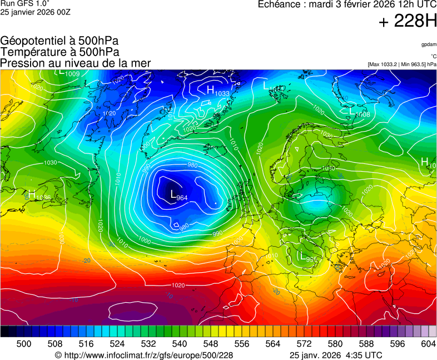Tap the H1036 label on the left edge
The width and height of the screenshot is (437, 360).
(x=39, y=196)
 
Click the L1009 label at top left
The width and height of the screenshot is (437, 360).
(x=69, y=73)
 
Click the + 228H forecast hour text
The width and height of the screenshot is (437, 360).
(x=407, y=22)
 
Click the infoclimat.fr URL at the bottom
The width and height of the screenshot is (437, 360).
(x=144, y=355)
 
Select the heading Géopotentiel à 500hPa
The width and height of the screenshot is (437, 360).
(x=59, y=41)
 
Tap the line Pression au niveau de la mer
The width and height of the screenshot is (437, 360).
(x=76, y=63)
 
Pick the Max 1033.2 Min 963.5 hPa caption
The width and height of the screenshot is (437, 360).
(x=402, y=64)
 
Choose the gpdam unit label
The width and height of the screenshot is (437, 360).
(x=428, y=44)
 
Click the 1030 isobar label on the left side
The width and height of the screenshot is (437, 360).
(x=50, y=163)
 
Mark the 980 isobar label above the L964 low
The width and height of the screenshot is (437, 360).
(x=192, y=165)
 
